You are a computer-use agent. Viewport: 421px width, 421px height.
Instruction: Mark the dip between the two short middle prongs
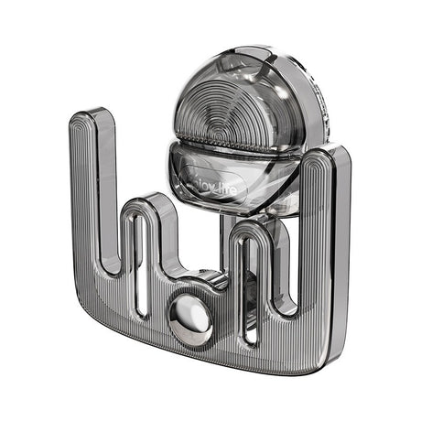click(x=197, y=265)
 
